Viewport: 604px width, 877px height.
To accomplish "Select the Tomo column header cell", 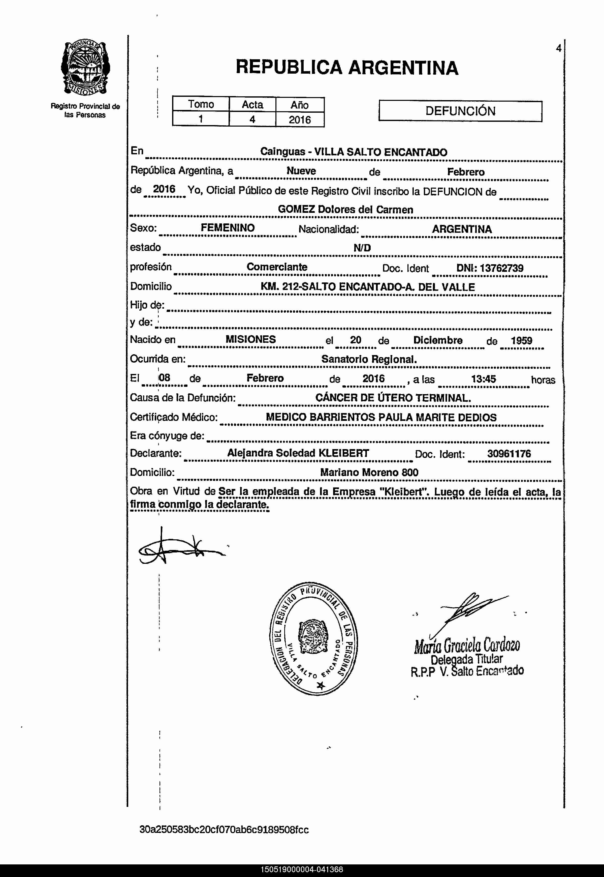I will point(201,104).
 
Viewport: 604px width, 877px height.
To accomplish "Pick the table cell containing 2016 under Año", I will point(300,120).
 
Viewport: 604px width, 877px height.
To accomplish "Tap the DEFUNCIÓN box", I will point(460,111).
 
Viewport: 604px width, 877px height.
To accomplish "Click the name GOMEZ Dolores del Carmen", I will point(345,209).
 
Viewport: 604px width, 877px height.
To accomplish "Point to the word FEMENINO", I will point(228,228).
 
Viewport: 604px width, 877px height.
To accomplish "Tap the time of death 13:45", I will point(483,379).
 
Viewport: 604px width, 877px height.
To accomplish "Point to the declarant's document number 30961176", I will point(509,453).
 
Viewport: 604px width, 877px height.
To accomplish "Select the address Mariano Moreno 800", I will point(369,472).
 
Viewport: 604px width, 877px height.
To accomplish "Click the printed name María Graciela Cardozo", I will point(467,646).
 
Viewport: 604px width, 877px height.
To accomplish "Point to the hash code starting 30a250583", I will point(224,830).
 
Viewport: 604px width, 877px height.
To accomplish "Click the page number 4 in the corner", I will point(558,48).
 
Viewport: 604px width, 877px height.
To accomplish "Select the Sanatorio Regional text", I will point(369,359).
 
